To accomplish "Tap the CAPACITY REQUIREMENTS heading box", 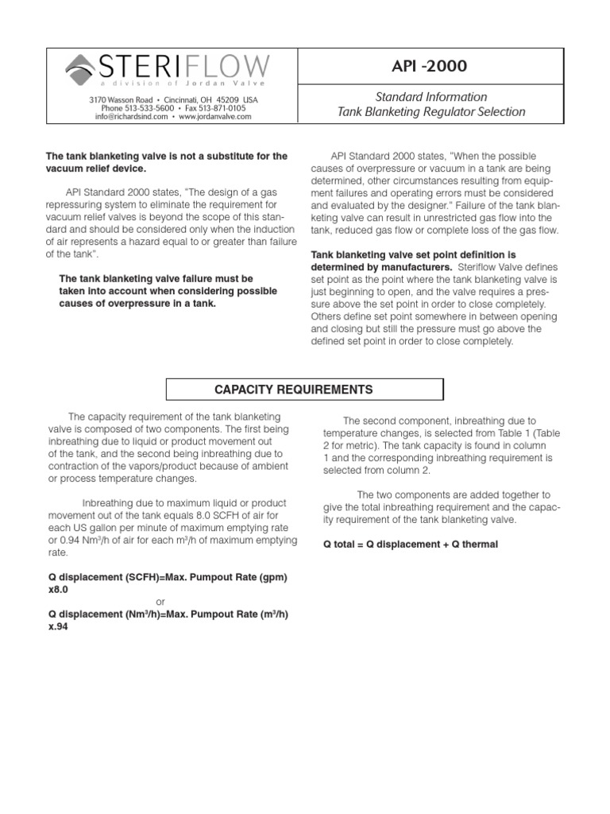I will (x=304, y=390).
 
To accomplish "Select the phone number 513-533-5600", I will (x=149, y=107).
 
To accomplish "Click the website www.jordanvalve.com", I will (x=214, y=116).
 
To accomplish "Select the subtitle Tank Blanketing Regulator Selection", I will (x=431, y=112).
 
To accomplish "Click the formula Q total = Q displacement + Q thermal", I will (x=411, y=545).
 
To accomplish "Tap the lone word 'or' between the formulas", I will (x=160, y=602).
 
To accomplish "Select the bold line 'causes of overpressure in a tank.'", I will (x=137, y=304).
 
